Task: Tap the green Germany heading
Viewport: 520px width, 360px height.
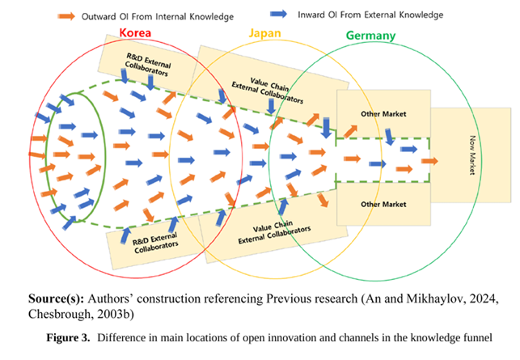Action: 370,36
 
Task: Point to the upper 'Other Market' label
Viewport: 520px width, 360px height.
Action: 383,115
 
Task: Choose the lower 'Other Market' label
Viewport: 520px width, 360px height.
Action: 383,204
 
